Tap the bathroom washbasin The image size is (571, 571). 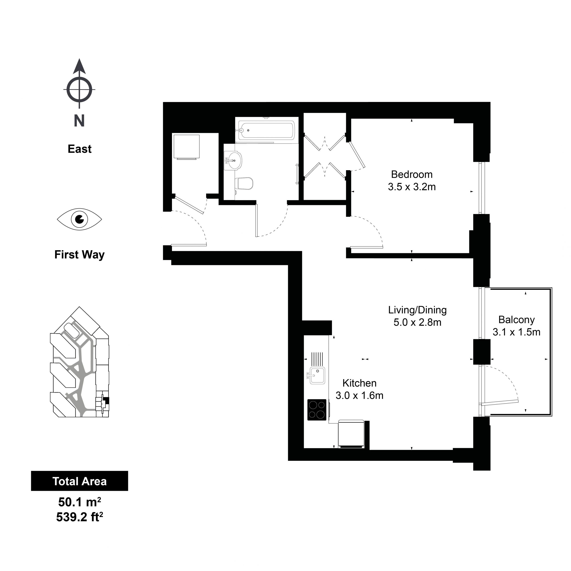[x=233, y=161]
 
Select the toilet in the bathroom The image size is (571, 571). [x=244, y=184]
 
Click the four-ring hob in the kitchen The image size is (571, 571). [x=317, y=410]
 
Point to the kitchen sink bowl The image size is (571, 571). [x=317, y=375]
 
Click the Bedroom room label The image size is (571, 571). [x=412, y=174]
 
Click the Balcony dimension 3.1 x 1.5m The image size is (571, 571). [x=516, y=332]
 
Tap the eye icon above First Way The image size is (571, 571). [x=79, y=219]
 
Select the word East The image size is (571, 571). [x=79, y=149]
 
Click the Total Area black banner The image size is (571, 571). [x=79, y=481]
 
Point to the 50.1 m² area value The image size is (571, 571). [x=79, y=502]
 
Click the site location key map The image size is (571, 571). [x=79, y=362]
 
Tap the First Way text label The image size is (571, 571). [x=79, y=255]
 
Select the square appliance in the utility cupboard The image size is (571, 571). [x=186, y=147]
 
